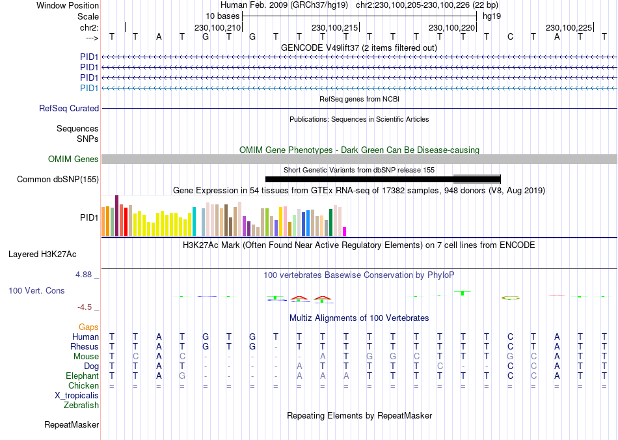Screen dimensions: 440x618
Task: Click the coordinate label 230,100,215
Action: (335, 27)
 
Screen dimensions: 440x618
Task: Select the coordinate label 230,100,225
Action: (569, 27)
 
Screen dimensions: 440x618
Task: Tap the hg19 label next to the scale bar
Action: (491, 16)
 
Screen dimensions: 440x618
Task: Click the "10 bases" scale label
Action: (222, 16)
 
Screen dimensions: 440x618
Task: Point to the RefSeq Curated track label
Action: (69, 109)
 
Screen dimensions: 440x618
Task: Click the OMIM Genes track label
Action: (74, 159)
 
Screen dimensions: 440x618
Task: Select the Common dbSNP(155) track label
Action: (58, 180)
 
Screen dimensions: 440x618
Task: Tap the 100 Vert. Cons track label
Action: (36, 290)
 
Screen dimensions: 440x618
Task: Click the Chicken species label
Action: (83, 386)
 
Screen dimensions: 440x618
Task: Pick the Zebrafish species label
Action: (81, 406)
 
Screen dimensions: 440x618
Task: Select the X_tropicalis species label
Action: (77, 396)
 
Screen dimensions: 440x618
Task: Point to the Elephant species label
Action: (82, 376)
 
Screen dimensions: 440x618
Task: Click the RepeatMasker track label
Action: (72, 425)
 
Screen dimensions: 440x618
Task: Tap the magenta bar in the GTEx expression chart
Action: (345, 232)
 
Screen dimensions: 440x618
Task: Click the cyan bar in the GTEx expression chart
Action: (194, 222)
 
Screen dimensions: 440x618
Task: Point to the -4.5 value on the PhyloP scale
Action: (85, 307)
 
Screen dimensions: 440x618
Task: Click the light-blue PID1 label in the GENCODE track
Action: (89, 88)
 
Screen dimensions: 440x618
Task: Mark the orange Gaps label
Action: (88, 327)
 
